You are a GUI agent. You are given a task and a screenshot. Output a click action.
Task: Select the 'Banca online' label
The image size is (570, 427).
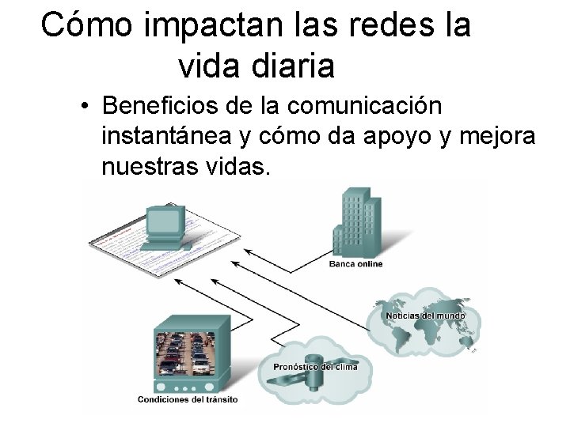click(355, 263)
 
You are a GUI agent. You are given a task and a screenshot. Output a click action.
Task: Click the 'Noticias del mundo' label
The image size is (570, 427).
click(425, 316)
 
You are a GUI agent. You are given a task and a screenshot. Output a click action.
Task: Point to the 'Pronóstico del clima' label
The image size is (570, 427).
click(315, 366)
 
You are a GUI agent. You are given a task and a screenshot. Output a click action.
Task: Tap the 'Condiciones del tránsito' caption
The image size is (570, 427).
click(187, 399)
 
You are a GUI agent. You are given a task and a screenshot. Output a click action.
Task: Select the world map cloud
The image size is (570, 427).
click(424, 320)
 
